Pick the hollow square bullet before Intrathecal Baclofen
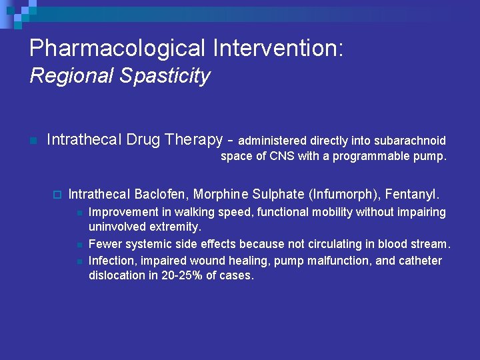[56, 195]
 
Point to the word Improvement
[124, 212]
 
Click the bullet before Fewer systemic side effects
[79, 245]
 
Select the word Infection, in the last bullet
[113, 260]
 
